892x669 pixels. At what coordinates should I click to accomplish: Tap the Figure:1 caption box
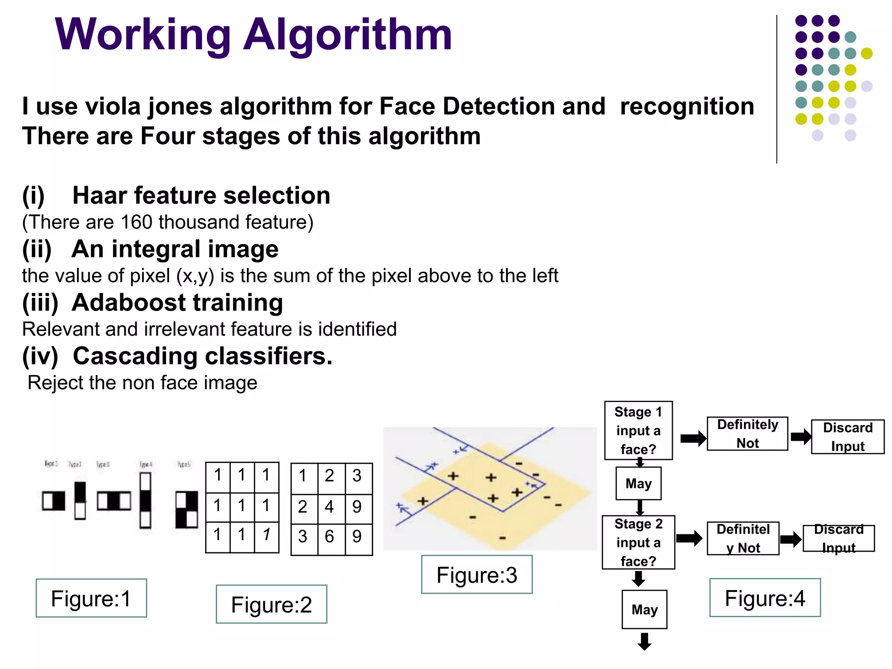pos(91,598)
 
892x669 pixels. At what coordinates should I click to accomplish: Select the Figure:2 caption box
pos(271,604)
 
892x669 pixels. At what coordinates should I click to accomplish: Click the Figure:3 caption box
pos(476,574)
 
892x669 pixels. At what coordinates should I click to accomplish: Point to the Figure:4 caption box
pos(765,598)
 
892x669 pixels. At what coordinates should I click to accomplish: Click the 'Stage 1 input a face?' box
pos(638,430)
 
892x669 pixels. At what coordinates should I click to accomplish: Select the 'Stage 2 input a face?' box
pos(638,542)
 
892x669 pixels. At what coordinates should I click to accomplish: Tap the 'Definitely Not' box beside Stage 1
pos(747,434)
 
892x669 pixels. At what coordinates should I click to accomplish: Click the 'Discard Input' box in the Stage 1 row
pos(848,437)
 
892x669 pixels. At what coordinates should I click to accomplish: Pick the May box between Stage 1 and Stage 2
pos(639,483)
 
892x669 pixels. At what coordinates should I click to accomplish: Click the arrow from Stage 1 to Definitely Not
pos(693,438)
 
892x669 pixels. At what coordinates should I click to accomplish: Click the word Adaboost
pos(129,303)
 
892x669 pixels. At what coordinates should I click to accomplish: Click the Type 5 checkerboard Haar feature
pos(187,509)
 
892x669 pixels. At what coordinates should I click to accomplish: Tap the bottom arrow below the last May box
pos(644,641)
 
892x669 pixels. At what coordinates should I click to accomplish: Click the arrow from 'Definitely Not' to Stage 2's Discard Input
pos(791,539)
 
